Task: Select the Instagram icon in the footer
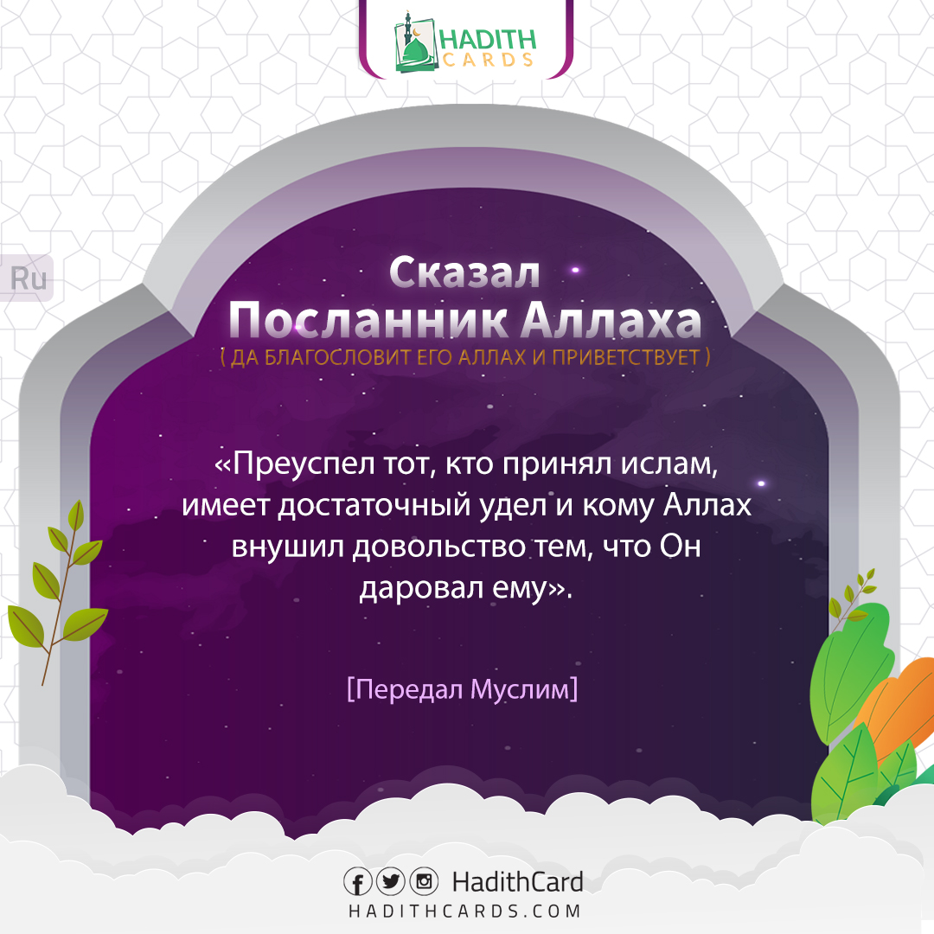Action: point(423,882)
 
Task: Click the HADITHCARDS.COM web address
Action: point(464,912)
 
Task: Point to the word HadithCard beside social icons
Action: point(517,882)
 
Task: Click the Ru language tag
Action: point(28,279)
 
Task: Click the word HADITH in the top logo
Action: point(488,39)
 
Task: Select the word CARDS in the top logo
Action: point(488,60)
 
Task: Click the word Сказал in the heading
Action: point(464,272)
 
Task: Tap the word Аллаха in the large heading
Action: point(611,321)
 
